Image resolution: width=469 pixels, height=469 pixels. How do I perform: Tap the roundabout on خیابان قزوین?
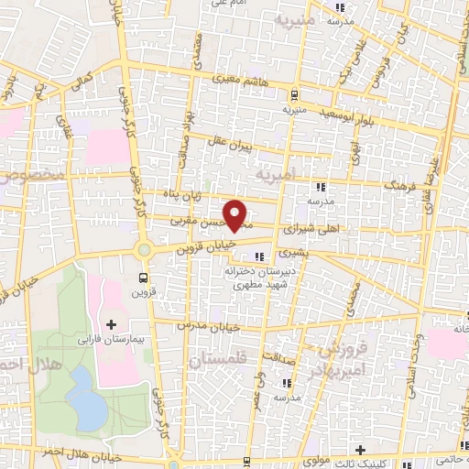tap(144, 250)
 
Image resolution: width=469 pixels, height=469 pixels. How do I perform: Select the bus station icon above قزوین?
tap(143, 276)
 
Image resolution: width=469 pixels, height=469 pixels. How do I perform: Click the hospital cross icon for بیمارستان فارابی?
tap(112, 324)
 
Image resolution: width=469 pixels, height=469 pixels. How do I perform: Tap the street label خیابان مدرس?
tap(217, 327)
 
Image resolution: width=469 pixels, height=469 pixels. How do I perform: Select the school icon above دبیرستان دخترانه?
tap(260, 256)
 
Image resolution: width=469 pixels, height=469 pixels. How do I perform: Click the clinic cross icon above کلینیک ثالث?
tap(360, 449)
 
